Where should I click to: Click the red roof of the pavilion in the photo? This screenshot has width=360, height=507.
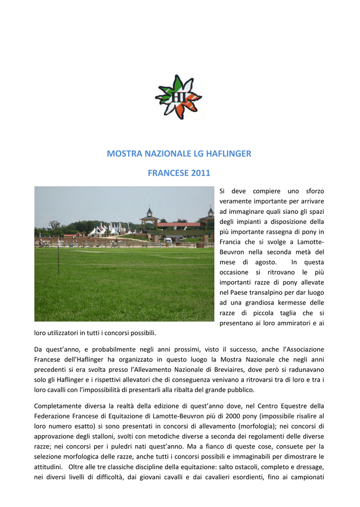(178, 224)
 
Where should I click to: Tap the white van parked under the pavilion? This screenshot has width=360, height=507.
(168, 240)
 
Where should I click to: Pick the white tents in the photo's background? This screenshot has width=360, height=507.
(106, 229)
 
